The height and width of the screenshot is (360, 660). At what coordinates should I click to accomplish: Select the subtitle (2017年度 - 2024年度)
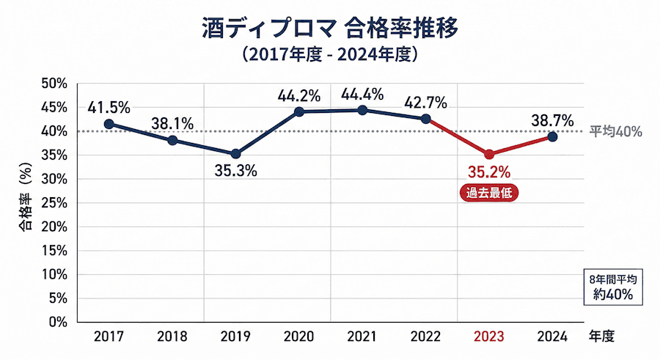click(329, 54)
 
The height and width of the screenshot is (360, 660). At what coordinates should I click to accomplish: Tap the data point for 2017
click(109, 124)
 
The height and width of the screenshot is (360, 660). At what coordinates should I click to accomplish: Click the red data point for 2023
click(489, 154)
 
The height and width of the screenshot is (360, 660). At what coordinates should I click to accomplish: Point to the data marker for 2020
click(299, 111)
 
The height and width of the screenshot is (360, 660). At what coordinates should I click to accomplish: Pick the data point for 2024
click(552, 137)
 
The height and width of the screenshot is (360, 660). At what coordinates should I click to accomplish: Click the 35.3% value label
click(235, 172)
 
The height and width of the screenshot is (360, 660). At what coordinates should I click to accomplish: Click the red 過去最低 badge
click(489, 194)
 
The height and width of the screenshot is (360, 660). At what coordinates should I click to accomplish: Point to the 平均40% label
click(616, 132)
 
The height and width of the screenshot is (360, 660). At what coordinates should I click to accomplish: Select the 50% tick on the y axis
click(54, 84)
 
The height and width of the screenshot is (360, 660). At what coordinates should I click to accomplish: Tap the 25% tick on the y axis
click(54, 203)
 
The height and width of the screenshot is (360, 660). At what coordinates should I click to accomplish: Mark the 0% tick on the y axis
click(57, 322)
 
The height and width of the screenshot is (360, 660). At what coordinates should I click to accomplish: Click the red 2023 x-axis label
click(489, 337)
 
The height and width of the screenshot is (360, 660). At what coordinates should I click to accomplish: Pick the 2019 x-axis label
click(235, 337)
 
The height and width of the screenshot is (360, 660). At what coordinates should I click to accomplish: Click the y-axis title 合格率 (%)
click(24, 202)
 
